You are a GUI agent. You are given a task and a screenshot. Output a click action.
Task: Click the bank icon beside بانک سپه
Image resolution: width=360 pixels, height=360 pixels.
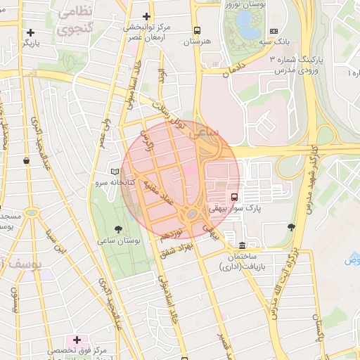pyautogui.click(x=274, y=31)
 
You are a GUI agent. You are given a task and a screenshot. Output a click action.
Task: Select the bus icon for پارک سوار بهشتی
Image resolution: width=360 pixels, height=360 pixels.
pyautogui.click(x=234, y=197)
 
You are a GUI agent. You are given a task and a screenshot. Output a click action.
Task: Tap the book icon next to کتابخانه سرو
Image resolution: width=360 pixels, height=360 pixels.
pyautogui.click(x=115, y=172)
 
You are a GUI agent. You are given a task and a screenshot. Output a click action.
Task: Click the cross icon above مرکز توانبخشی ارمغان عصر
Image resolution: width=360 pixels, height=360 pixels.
pyautogui.click(x=146, y=16)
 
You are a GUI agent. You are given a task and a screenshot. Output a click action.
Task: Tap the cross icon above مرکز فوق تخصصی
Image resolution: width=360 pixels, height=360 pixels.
pyautogui.click(x=77, y=340)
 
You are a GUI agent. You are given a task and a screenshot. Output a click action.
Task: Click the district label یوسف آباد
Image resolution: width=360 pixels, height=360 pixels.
pyautogui.click(x=21, y=265)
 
